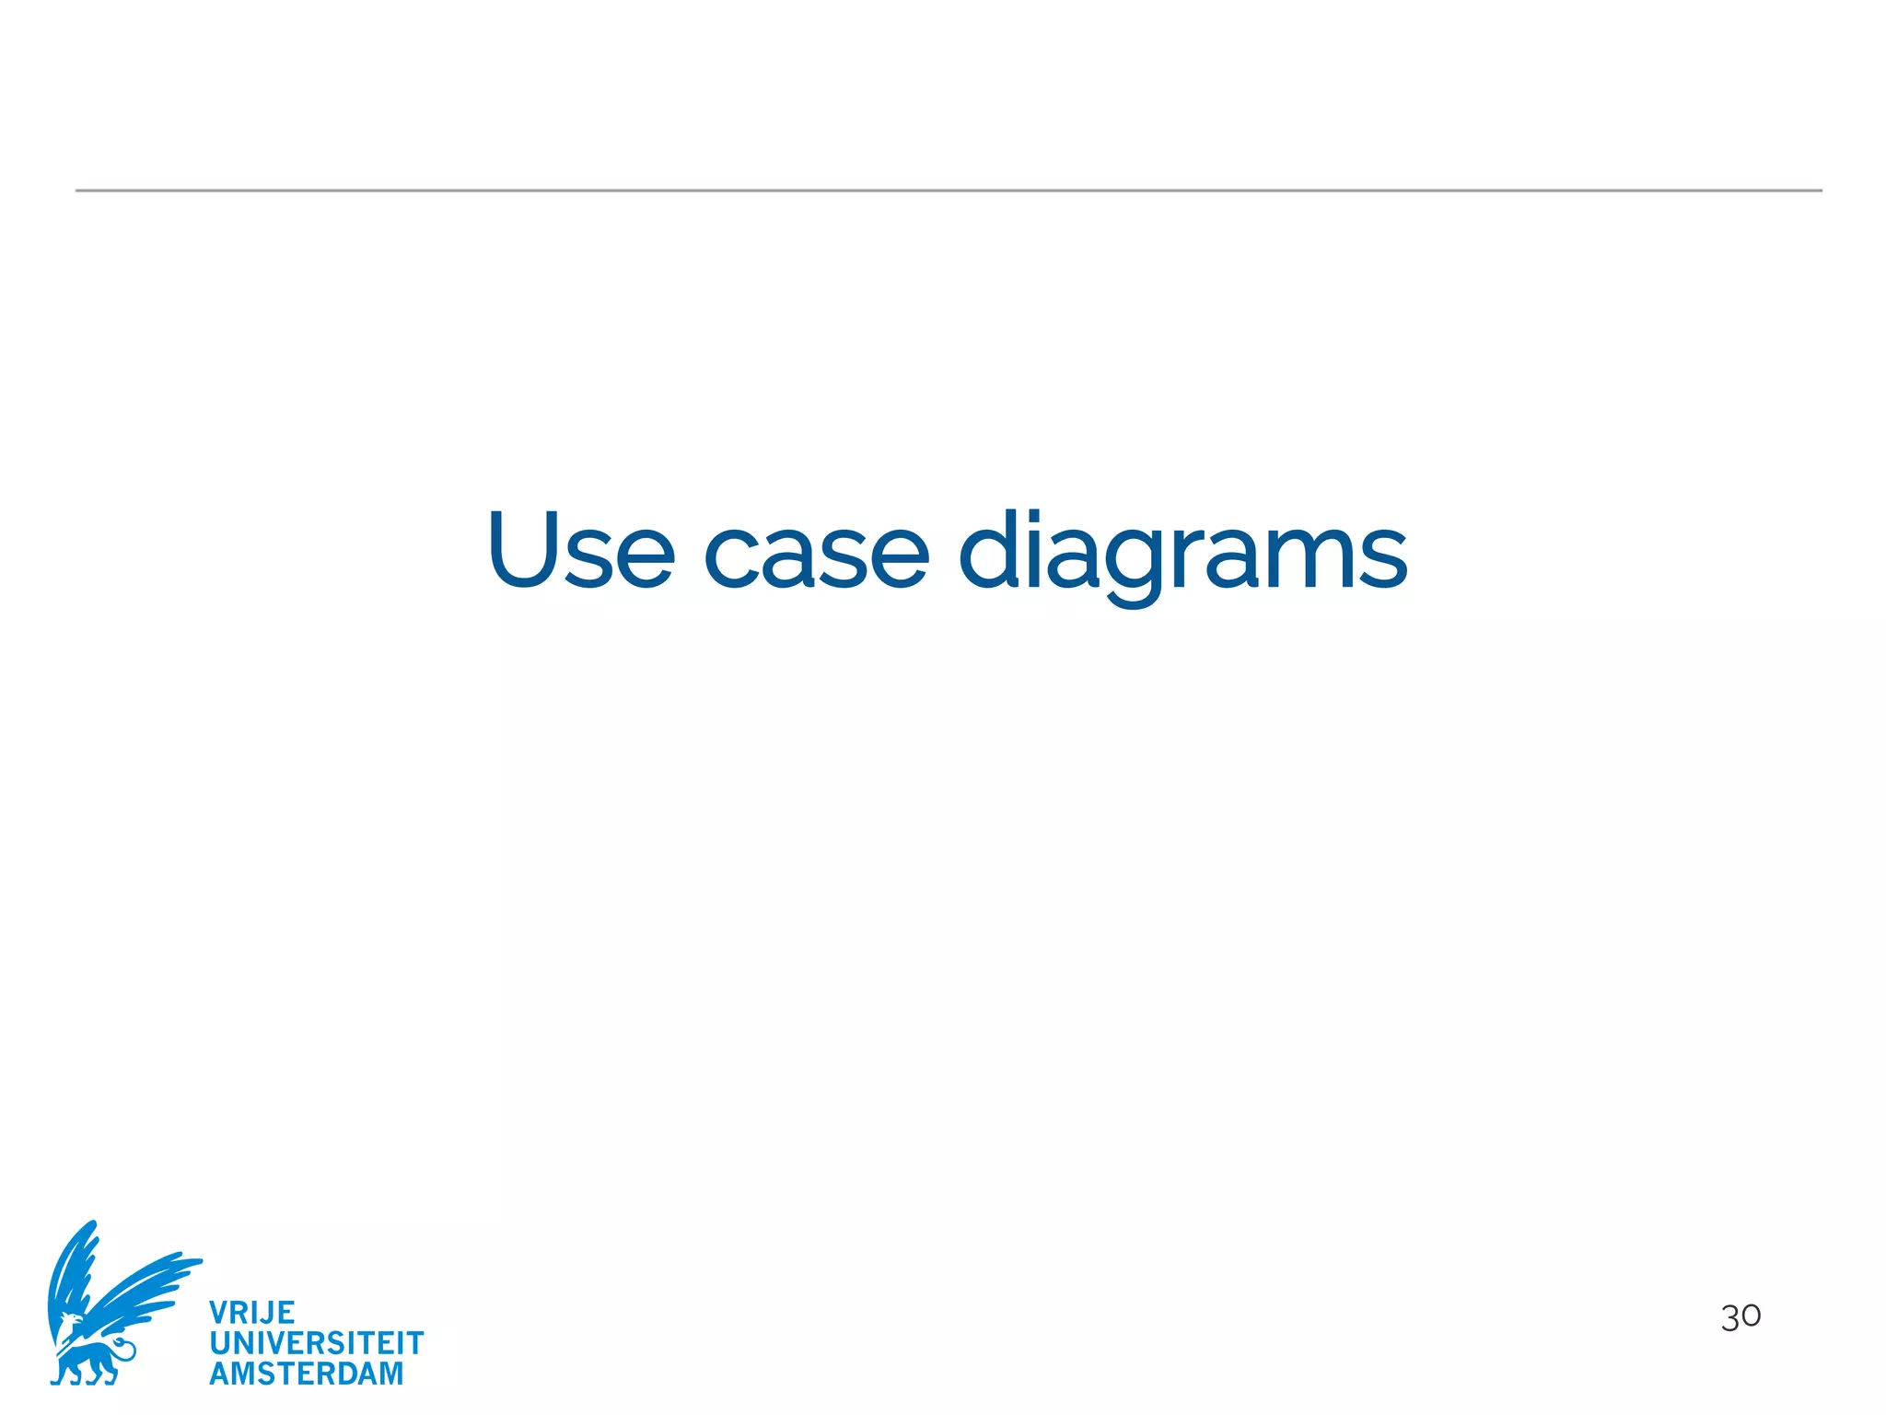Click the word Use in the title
coord(581,550)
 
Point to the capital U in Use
coord(523,549)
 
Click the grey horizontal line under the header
coord(949,191)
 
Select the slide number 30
coord(1740,1316)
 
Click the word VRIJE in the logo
coord(251,1312)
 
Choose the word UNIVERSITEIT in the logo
coord(316,1343)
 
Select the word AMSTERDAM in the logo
coord(306,1374)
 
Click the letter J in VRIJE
coord(266,1312)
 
